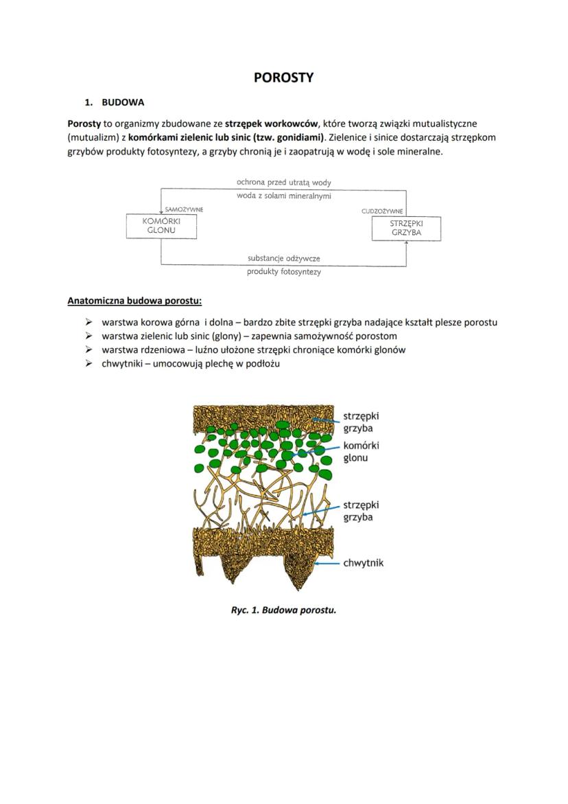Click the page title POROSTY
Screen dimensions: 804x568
[x=283, y=78]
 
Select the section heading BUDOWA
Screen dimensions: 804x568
[x=123, y=103]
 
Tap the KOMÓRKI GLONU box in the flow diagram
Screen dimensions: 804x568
[x=161, y=227]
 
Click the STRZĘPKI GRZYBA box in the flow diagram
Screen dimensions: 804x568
[x=405, y=228]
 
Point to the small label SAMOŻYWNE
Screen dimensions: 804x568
[x=184, y=209]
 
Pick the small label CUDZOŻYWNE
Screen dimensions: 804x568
[x=382, y=211]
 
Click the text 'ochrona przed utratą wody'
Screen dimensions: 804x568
[x=283, y=183]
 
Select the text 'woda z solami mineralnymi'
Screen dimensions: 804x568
[x=283, y=196]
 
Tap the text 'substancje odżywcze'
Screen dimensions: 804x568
[x=283, y=259]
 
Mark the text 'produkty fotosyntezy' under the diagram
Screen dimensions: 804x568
[x=283, y=272]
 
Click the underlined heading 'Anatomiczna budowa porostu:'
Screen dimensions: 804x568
[x=134, y=301]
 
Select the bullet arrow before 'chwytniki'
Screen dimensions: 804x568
[x=88, y=364]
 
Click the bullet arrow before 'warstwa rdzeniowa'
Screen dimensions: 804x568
[x=88, y=350]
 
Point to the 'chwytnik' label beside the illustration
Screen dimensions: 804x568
[x=363, y=563]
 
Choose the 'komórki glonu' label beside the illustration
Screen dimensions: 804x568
[x=361, y=451]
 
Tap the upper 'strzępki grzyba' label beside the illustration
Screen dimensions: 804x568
[x=361, y=422]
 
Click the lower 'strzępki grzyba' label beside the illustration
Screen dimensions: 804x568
[x=361, y=511]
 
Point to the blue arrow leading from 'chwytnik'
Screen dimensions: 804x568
[x=328, y=563]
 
